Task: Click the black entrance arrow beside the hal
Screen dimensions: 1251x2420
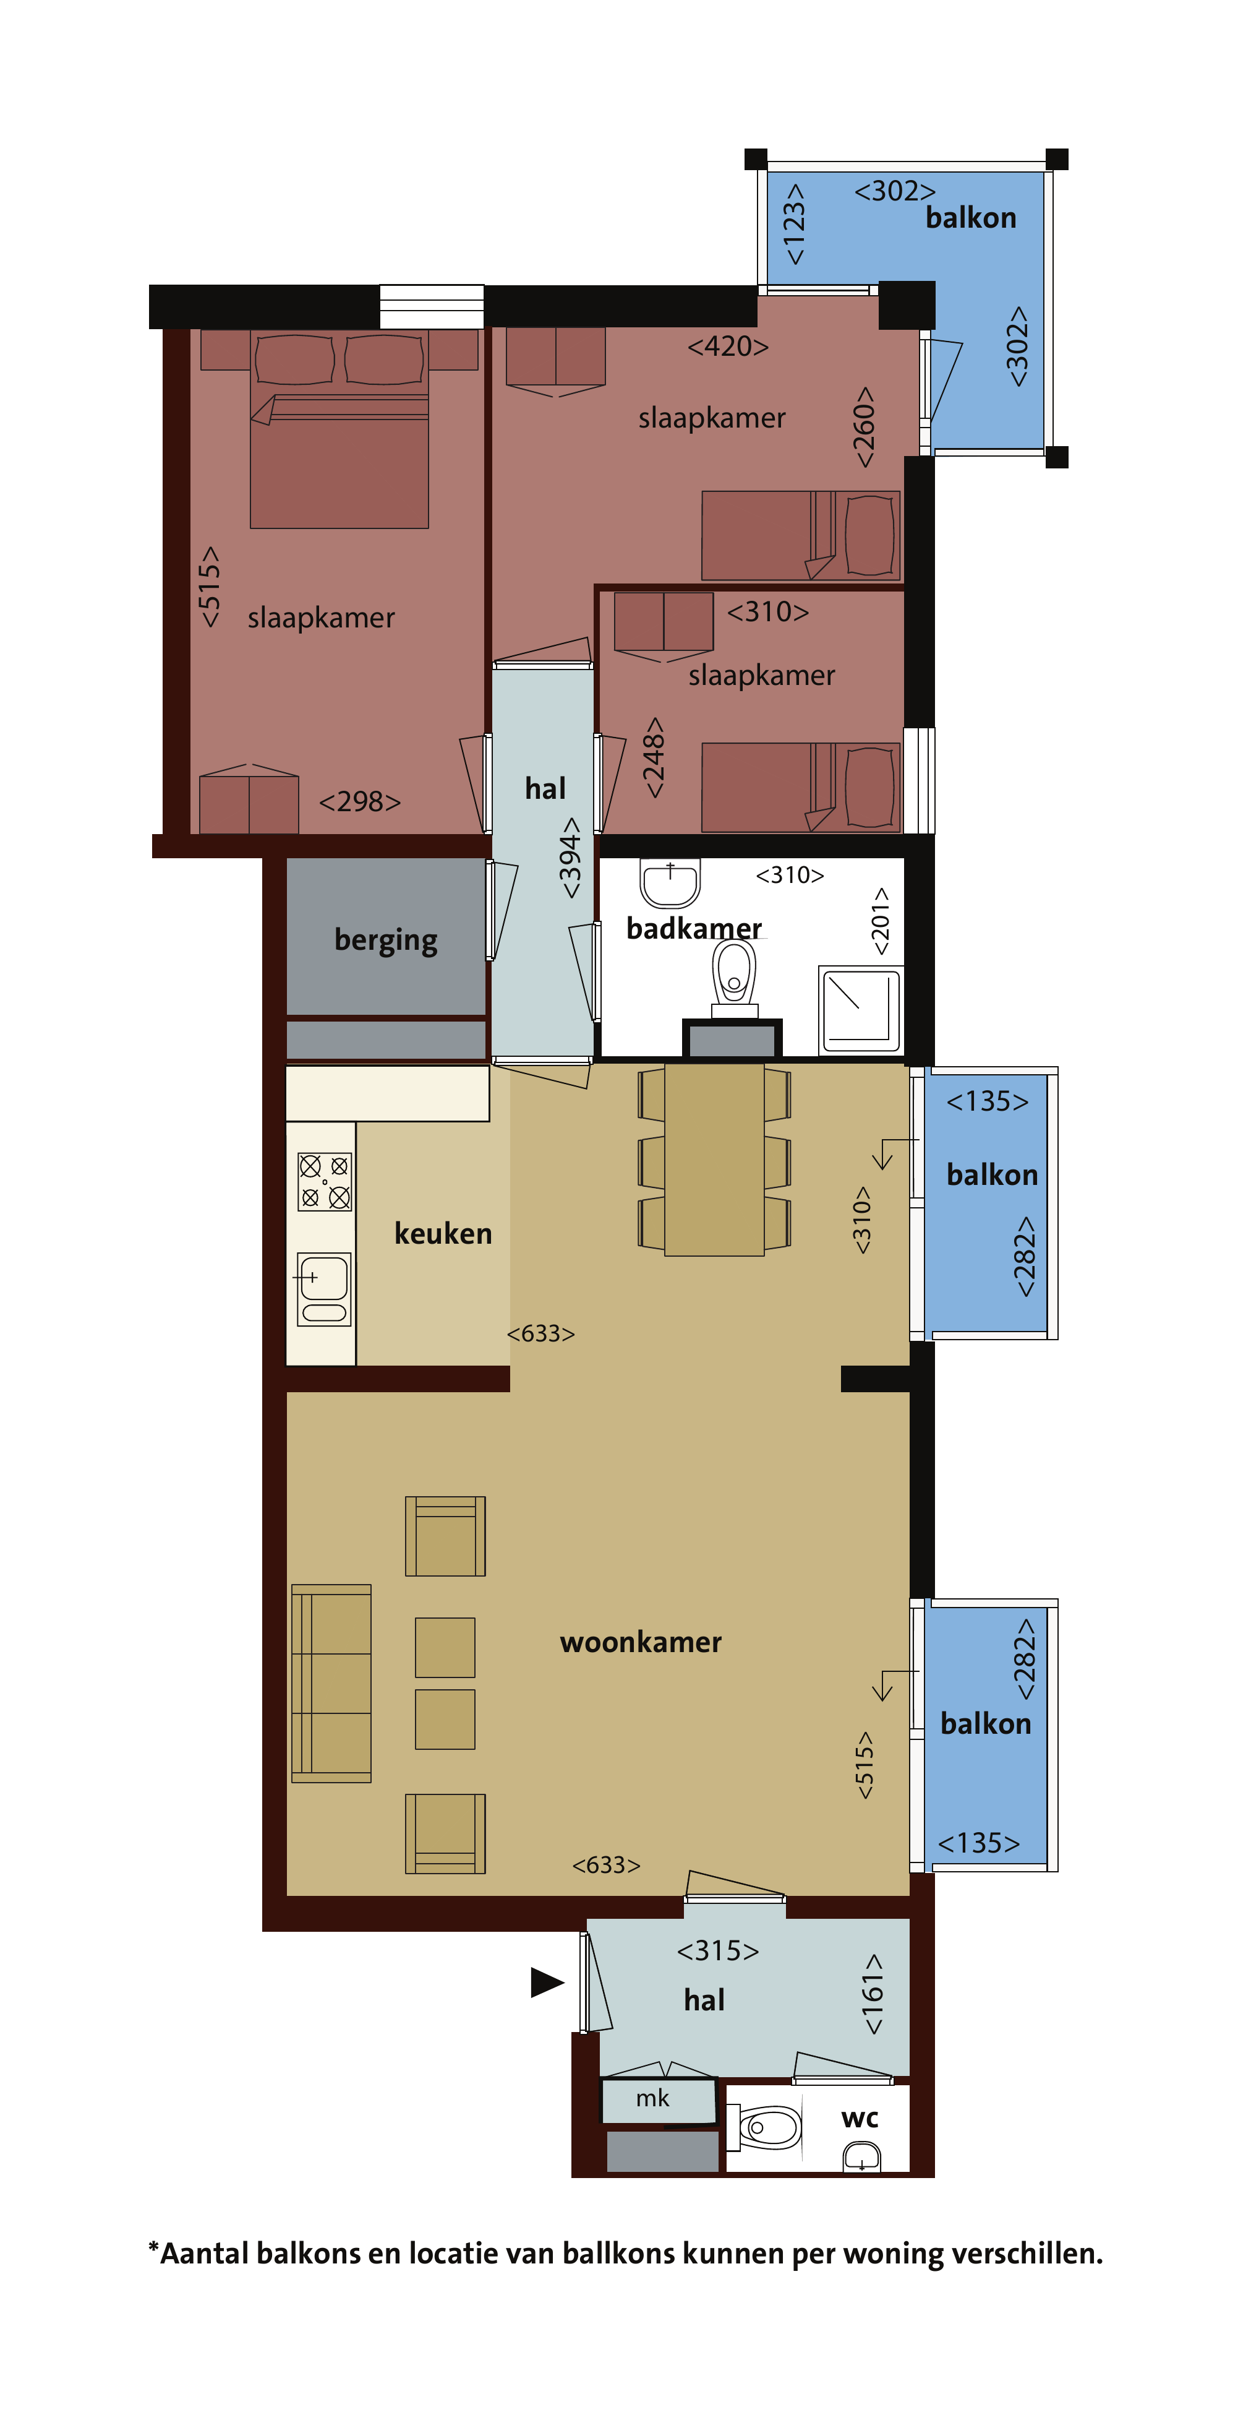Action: [547, 1982]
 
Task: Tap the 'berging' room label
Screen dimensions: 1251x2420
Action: [386, 941]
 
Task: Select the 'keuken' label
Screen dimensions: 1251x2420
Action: [443, 1233]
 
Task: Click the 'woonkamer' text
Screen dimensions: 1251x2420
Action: [641, 1642]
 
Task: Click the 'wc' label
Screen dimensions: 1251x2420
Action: [860, 2119]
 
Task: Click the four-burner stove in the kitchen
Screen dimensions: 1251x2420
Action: [325, 1181]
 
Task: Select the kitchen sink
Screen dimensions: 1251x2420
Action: [324, 1289]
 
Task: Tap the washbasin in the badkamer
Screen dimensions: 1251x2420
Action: [670, 883]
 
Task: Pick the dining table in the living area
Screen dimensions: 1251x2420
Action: [714, 1160]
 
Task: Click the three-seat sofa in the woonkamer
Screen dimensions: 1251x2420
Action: [331, 1684]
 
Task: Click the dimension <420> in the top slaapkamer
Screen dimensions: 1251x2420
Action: [728, 347]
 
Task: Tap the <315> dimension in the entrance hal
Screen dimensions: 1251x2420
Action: [717, 1951]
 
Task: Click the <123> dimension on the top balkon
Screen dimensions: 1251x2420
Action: [795, 223]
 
